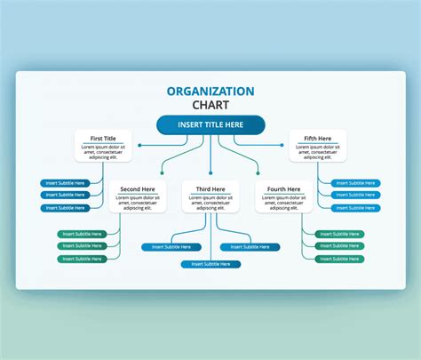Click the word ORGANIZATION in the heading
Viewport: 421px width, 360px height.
pos(210,91)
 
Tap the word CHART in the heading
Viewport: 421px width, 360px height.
pos(210,105)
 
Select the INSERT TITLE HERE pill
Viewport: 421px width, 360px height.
pos(210,125)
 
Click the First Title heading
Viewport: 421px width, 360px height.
pos(103,138)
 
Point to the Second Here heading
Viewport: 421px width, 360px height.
pos(137,188)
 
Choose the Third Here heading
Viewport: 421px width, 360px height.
pos(210,188)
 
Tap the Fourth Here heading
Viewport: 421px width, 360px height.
pos(283,188)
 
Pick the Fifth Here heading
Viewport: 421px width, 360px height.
pos(317,138)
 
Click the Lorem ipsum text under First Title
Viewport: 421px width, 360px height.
pos(103,151)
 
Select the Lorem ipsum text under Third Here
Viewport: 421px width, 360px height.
pos(210,202)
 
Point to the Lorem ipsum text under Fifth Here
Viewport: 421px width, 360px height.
pos(317,151)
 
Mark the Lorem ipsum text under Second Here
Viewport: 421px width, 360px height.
pos(137,202)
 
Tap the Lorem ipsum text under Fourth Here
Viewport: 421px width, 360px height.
pos(283,202)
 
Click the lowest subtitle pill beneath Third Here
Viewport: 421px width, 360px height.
pos(210,264)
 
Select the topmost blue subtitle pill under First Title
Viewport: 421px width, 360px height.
pos(66,183)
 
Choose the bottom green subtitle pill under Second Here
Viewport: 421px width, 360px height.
pos(82,259)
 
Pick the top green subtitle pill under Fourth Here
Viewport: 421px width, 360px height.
pos(338,234)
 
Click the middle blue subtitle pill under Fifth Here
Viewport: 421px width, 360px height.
pos(354,195)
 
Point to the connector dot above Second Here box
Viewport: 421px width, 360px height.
pos(161,172)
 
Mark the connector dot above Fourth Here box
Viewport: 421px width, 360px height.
pos(258,172)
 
